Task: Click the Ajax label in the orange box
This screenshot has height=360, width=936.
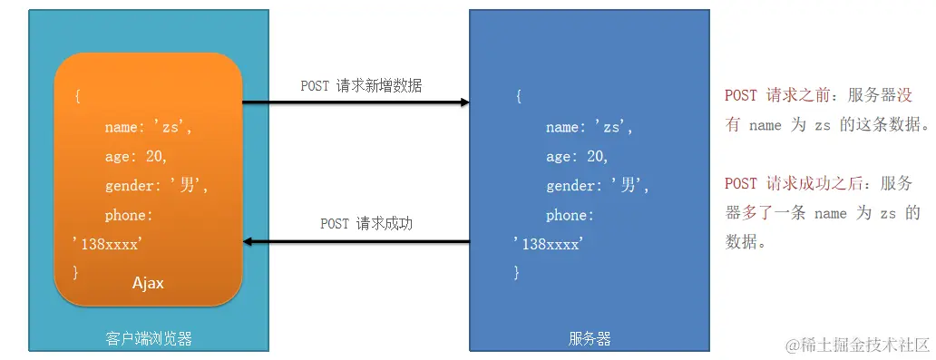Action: [148, 283]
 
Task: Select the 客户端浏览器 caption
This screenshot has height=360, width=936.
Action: [149, 339]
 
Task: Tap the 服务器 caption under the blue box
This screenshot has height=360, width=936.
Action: [590, 339]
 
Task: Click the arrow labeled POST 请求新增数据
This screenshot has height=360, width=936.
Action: [356, 102]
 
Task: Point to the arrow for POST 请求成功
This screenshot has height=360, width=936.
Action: [356, 241]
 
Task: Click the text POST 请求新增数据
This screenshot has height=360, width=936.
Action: [361, 86]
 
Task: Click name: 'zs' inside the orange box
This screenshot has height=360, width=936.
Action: [149, 127]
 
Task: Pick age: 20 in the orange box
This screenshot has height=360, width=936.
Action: [136, 156]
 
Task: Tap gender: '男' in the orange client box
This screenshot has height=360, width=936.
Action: [157, 186]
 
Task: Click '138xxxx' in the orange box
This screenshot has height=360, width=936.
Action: [106, 243]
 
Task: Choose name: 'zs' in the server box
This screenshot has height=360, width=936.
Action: [589, 127]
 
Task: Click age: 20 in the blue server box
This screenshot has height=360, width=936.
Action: [577, 156]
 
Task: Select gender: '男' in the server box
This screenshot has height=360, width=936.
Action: [598, 186]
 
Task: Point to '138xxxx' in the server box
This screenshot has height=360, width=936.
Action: [547, 243]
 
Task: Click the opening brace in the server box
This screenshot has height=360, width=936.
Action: [518, 97]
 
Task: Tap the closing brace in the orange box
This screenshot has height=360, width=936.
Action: [76, 271]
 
